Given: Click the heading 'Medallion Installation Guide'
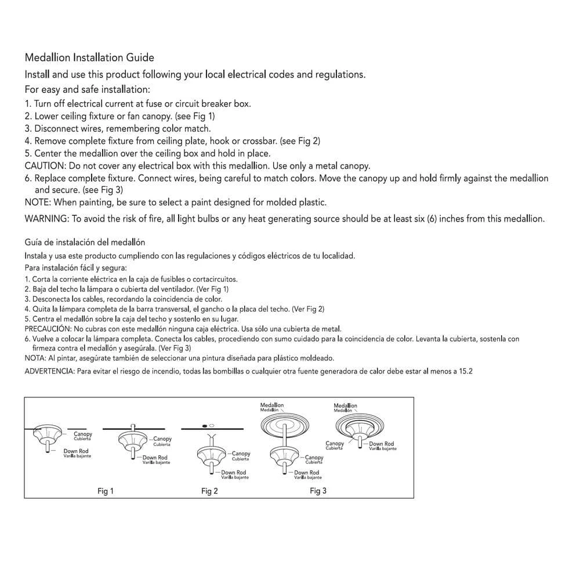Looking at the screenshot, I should point(89,57).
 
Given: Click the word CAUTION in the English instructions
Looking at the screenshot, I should point(45,165).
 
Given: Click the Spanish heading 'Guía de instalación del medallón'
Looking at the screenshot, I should point(85,242).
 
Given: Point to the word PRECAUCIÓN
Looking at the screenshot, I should point(47,328).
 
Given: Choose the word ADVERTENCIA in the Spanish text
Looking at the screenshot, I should point(49,371).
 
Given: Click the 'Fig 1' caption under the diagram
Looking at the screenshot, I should point(105,491).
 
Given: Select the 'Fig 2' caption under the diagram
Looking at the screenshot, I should point(209,491).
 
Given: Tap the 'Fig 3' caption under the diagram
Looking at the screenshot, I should point(318,491).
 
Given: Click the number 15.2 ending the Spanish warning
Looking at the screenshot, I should point(466,371).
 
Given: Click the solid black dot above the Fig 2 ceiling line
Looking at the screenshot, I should point(205,426).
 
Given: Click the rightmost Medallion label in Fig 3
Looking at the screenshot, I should point(345,405).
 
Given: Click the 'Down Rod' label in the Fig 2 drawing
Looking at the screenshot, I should point(233,473).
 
